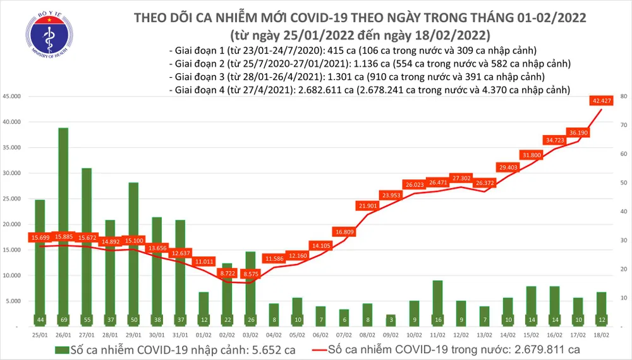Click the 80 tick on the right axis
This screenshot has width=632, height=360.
623,97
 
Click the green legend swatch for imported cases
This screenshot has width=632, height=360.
61,351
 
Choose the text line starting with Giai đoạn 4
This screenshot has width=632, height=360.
370,90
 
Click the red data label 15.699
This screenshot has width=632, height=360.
40,238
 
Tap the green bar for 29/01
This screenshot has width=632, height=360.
133,253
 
